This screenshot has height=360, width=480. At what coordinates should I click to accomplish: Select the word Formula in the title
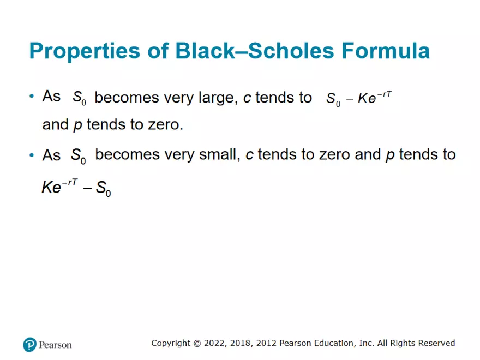coord(385,51)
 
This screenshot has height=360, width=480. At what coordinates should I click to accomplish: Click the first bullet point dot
coord(32,97)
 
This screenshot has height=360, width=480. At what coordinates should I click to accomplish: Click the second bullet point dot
coord(32,155)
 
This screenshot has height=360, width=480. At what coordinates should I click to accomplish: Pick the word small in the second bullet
coord(220,155)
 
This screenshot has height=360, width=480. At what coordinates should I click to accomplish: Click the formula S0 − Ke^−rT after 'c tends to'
coord(359,99)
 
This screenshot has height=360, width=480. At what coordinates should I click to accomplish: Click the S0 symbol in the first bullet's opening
coord(77,98)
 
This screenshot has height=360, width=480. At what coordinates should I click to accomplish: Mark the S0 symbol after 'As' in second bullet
coord(77,155)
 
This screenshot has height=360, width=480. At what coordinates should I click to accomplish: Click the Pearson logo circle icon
coord(29,344)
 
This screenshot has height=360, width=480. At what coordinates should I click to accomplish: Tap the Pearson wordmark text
coord(55,345)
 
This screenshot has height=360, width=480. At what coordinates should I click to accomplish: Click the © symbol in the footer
coord(197,343)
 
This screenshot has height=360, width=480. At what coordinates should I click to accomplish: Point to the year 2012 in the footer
coord(265,343)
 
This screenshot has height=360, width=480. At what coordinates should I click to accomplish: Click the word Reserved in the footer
coord(436,343)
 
